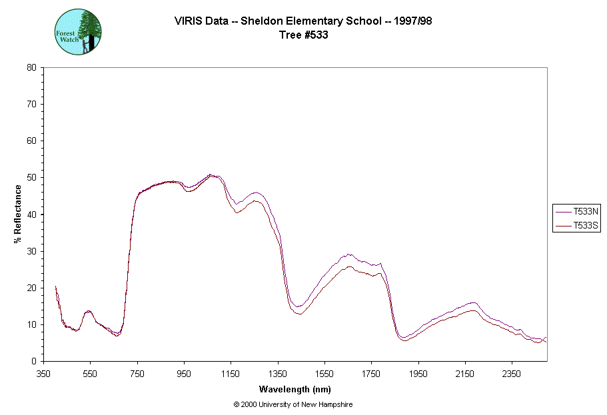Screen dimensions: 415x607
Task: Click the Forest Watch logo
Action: pos(78,31)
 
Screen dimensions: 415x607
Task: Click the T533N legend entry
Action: pos(577,210)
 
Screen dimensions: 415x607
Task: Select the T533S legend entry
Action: pos(577,226)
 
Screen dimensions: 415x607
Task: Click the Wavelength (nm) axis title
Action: pos(295,390)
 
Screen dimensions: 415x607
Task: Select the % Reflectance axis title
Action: pos(18,214)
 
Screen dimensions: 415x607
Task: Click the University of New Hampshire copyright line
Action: pos(293,404)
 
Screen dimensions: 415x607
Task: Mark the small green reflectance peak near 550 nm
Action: pos(89,311)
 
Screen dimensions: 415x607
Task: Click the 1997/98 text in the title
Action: pos(412,21)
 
